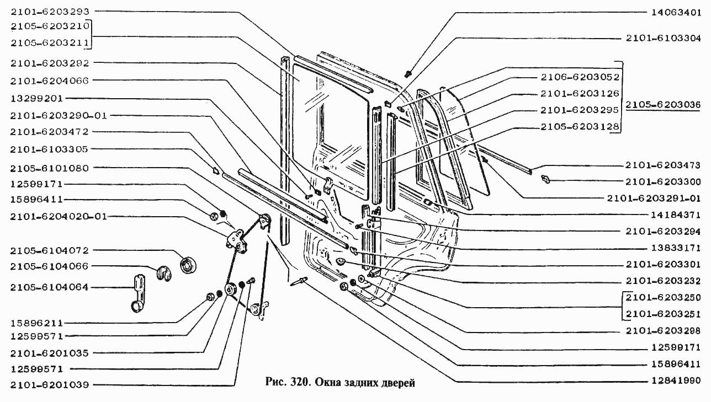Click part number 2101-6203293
point(50,12)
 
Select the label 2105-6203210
point(50,26)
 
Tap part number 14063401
point(676,12)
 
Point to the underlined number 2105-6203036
point(663,104)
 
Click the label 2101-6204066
point(49,81)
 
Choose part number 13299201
point(37,98)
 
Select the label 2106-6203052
point(580,77)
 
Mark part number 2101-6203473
point(663,165)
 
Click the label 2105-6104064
point(49,287)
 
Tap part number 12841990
point(676,380)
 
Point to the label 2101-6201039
point(49,385)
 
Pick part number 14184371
point(676,215)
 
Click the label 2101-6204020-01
point(59,217)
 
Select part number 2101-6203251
point(663,314)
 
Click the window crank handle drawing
point(138,293)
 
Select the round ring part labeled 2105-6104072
point(188,266)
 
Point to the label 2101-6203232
point(663,281)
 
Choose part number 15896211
point(37,323)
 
